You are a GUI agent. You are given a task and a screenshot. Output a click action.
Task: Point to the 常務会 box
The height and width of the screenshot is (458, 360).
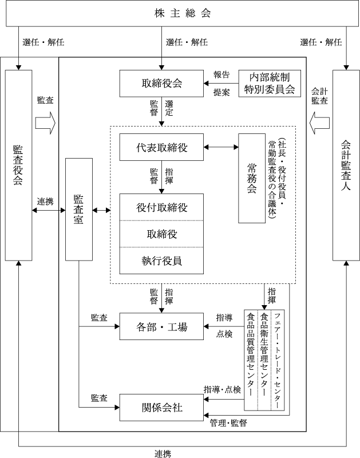(x=251, y=177)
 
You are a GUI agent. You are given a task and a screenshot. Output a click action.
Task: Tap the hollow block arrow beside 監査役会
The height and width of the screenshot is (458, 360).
(x=45, y=123)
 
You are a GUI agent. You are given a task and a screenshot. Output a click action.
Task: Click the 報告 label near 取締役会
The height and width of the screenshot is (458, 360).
(x=221, y=74)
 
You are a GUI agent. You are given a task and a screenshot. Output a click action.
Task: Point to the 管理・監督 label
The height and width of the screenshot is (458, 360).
(x=228, y=423)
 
